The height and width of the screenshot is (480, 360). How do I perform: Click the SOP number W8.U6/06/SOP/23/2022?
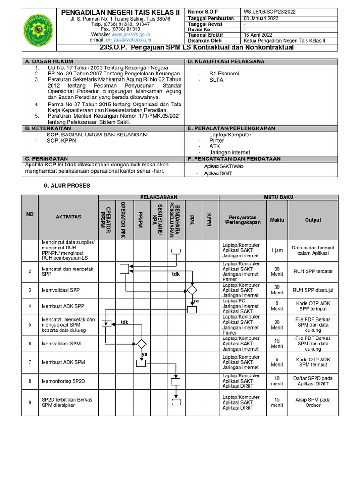269,11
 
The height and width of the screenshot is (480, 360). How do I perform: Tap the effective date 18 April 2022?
258,35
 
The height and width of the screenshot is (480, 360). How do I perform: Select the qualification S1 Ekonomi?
224,74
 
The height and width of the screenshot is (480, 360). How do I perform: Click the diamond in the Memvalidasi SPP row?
192,290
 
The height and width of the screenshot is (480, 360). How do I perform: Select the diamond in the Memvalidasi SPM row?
141,344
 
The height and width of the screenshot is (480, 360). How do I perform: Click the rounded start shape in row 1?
176,251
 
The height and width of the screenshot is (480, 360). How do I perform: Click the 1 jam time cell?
277,251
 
